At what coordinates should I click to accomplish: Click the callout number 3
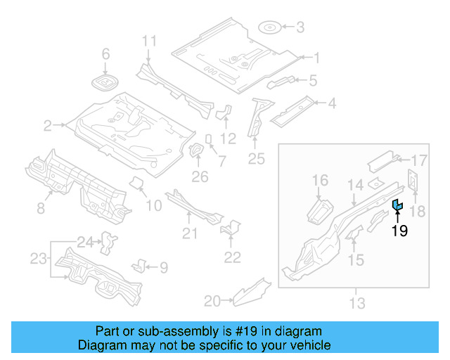pos(300,28)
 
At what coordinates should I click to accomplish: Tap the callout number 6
pos(106,54)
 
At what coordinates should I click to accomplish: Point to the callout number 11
pos(148,41)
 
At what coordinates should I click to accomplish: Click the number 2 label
pos(48,126)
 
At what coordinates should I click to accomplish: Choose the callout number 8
pos(40,207)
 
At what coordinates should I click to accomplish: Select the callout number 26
pos(200,176)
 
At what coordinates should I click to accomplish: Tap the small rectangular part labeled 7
pos(209,139)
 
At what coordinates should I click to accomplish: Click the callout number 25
pos(257,160)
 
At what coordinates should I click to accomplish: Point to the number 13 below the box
pos(357,303)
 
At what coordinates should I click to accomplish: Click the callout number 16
pos(320,181)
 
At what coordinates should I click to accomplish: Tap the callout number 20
pos(212,302)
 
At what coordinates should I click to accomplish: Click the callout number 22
pos(232,257)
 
